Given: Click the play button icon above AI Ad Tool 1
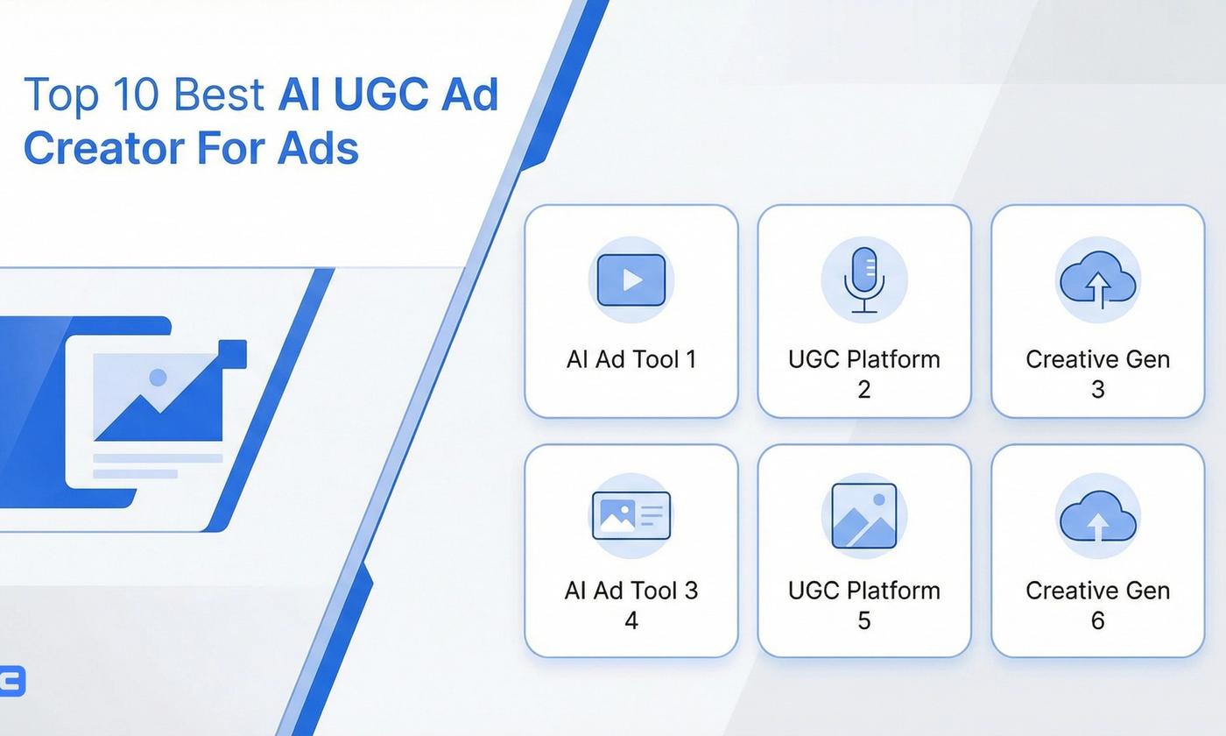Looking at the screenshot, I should click(x=631, y=280).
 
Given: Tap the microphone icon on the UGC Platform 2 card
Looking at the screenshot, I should click(x=864, y=280).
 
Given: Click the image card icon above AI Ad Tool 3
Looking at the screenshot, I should click(x=631, y=514).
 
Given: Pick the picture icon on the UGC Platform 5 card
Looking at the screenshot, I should click(x=864, y=515).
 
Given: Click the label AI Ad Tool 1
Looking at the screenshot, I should click(x=631, y=359).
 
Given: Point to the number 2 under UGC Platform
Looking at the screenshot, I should click(x=864, y=389).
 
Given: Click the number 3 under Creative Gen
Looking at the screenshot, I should click(x=1097, y=389).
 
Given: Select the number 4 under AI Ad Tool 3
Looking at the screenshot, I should click(x=631, y=620).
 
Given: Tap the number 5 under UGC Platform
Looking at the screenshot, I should click(x=864, y=620).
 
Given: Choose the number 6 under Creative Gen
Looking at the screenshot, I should click(x=1097, y=620).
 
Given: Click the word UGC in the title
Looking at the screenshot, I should click(x=383, y=95).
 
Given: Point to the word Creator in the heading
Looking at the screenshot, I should click(x=102, y=147).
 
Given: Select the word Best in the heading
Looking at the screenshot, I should click(x=219, y=95).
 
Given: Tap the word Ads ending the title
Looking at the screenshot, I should click(x=318, y=147).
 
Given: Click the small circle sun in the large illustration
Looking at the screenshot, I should click(x=158, y=378).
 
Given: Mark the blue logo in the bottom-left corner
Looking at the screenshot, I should click(x=12, y=681).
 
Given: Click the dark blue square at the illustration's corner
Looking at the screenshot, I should click(x=233, y=354).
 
